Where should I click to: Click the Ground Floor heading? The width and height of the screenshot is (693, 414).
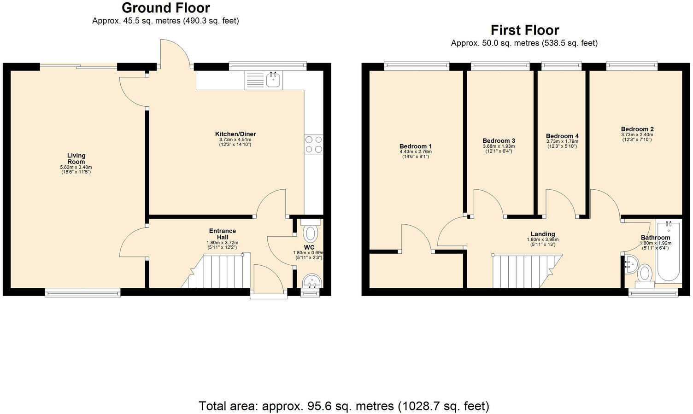click(165, 8)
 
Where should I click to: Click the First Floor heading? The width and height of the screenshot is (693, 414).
click(524, 30)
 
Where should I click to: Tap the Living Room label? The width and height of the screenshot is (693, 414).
click(76, 158)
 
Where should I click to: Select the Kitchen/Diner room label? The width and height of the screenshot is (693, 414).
click(235, 134)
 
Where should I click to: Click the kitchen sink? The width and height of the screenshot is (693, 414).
click(274, 80)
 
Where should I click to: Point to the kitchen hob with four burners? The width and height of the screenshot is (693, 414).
click(313, 144)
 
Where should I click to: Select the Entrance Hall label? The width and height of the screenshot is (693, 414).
click(223, 234)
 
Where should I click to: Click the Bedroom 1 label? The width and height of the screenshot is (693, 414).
click(416, 146)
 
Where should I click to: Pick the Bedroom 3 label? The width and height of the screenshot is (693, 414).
click(499, 140)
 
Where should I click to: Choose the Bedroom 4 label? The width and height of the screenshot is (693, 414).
click(562, 136)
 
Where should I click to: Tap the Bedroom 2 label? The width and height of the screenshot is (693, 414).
click(637, 129)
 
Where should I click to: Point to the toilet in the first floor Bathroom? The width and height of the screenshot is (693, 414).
click(645, 274)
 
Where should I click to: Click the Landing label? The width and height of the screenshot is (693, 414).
click(542, 234)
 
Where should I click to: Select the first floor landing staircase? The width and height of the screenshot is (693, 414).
click(525, 271)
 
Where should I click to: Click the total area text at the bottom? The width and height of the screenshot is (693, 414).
click(344, 406)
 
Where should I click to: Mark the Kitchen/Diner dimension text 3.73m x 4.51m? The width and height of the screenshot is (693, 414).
click(235, 140)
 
